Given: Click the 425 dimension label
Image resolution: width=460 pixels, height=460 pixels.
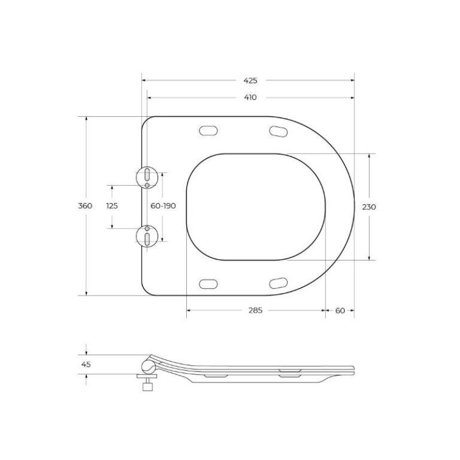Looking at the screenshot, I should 250,81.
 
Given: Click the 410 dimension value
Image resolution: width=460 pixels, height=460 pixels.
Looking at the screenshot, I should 250,98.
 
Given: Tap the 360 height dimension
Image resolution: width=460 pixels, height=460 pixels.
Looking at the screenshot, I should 85,206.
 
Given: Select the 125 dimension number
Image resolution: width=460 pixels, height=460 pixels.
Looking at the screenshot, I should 112,206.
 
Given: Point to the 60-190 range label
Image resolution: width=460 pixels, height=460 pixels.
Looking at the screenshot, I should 163,206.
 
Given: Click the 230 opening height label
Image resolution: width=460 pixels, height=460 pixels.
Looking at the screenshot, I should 369,206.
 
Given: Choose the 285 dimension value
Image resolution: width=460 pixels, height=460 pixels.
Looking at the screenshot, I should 255,310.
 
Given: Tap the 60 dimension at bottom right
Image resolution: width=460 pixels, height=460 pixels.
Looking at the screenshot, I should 340,310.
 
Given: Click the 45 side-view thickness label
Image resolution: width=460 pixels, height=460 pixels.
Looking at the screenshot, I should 86,364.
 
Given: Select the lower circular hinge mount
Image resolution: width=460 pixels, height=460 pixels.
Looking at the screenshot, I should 147,236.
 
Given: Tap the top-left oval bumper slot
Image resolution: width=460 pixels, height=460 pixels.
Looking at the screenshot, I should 208,131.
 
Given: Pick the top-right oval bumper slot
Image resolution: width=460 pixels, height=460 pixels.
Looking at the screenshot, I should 279,131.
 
